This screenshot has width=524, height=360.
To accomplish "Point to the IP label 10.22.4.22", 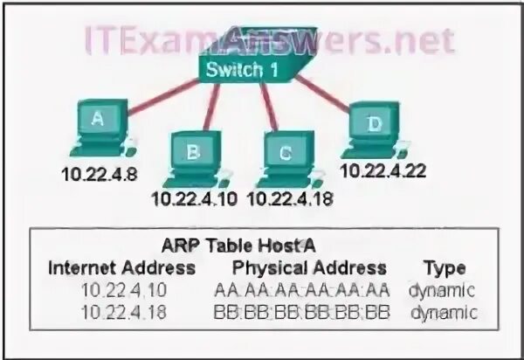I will tap(383, 170).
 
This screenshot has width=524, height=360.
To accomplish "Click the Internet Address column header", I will tap(122, 267).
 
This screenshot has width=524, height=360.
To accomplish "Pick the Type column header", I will tap(444, 267).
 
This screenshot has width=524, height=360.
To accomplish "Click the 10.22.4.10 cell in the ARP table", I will tap(119, 290).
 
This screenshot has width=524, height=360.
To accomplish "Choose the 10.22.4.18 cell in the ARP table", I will tap(119, 309).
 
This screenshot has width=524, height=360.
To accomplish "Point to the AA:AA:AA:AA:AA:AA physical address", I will tap(300, 290).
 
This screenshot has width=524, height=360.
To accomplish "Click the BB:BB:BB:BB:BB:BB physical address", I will tap(300, 309).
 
